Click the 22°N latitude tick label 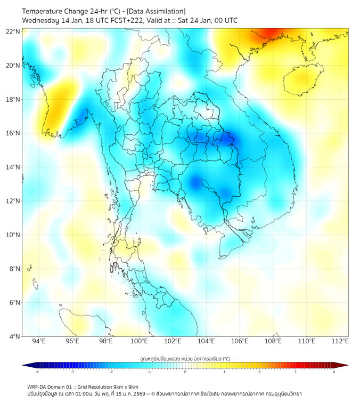[x=13, y=31]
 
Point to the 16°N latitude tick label [x=13, y=133]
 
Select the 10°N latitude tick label [x=13, y=235]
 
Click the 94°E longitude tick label [x=39, y=342]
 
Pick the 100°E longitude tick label [x=139, y=342]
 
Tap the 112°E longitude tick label [x=340, y=342]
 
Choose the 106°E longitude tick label [x=240, y=342]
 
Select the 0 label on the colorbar [x=185, y=372]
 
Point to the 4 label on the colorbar [x=334, y=372]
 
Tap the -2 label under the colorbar [x=110, y=372]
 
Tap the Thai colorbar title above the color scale [x=185, y=359]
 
